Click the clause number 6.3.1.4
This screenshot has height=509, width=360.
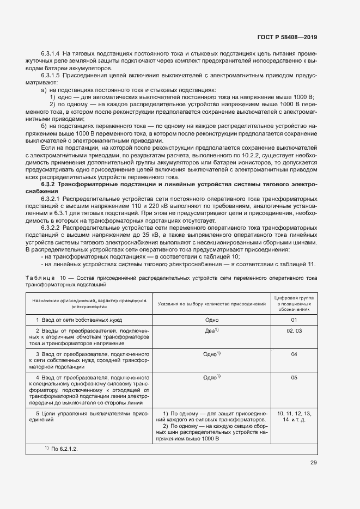pos(51,54)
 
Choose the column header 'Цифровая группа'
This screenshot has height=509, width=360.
pos(294,298)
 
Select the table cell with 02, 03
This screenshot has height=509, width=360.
pos(294,331)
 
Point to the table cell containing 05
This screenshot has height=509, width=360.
pos(294,377)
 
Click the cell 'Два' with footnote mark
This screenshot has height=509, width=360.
pos(211,331)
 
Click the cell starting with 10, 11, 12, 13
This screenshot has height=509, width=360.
pos(294,417)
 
